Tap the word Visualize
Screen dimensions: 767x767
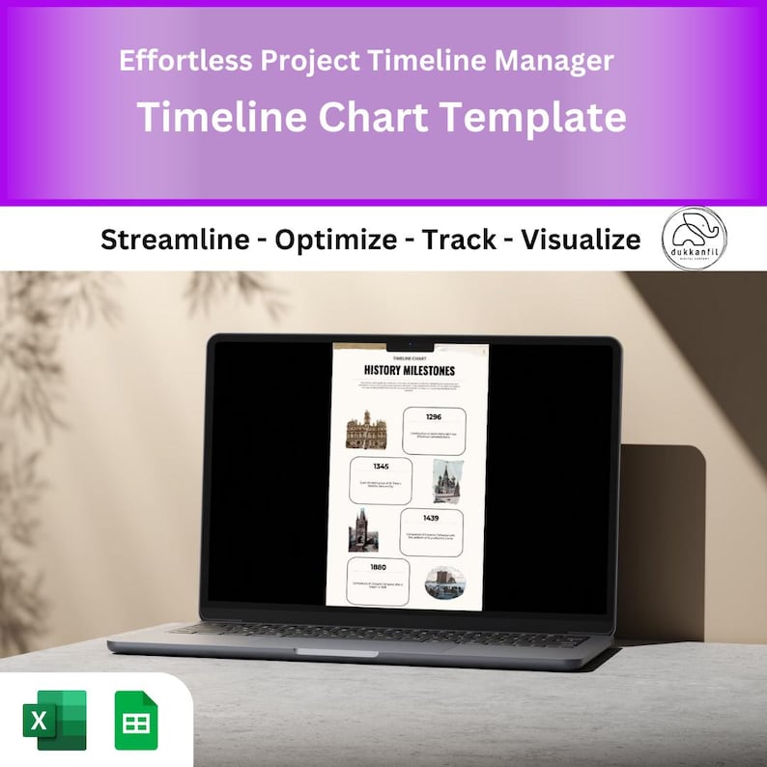581,240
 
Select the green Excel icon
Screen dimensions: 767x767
55,720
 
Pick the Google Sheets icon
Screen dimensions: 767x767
136,720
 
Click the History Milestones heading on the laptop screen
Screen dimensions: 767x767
410,370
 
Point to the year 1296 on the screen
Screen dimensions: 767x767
434,416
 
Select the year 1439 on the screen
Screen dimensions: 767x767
431,518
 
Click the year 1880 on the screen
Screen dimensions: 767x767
379,566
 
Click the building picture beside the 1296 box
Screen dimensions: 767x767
366,430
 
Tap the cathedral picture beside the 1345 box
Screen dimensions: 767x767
445,481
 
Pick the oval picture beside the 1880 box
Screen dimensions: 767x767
445,582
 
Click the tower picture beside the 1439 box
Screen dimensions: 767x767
363,530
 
